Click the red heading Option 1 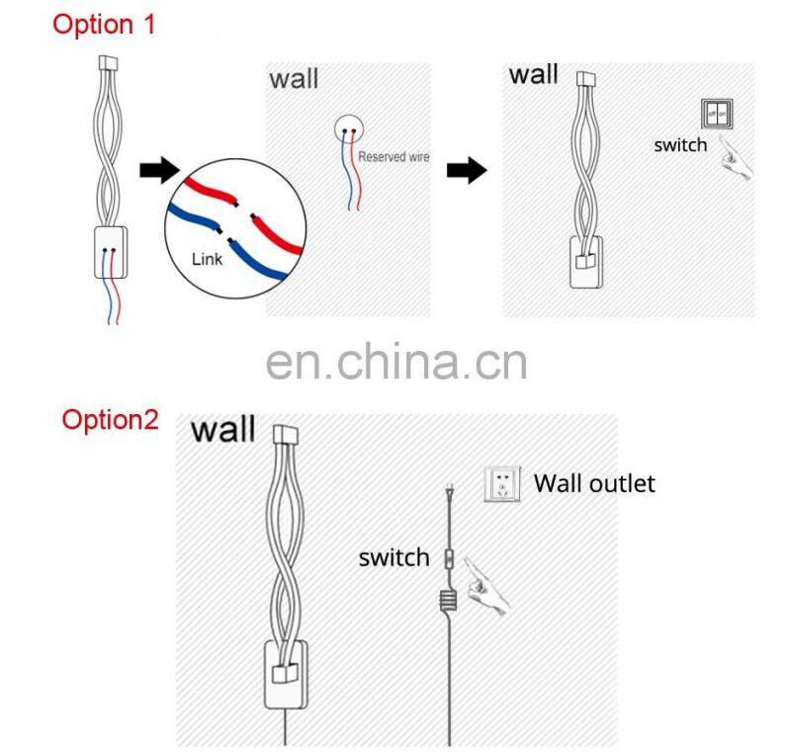click(104, 24)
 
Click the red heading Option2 click(110, 419)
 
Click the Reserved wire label click(394, 156)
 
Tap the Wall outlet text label click(594, 483)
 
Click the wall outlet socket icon click(502, 484)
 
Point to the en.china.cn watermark click(395, 361)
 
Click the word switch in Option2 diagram click(394, 557)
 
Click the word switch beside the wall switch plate click(680, 145)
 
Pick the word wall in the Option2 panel click(222, 430)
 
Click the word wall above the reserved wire click(294, 78)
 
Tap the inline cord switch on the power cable click(449, 559)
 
